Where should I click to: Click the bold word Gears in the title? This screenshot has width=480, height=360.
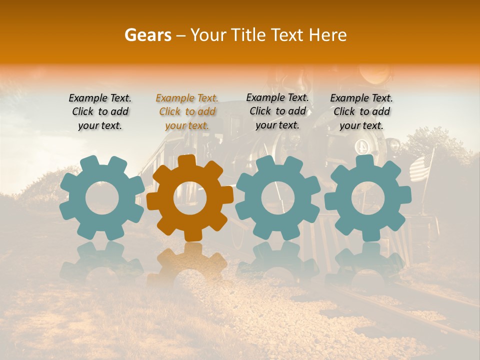[x=147, y=35]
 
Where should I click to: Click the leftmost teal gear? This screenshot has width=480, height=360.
[x=102, y=197]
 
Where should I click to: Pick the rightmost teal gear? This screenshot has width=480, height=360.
[x=367, y=197]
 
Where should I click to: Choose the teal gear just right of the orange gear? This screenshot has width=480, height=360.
[x=278, y=197]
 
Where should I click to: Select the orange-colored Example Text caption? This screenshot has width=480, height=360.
[x=187, y=111]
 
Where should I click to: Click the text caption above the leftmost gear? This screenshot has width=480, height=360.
[x=100, y=111]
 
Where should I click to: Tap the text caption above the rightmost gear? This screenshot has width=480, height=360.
[x=361, y=111]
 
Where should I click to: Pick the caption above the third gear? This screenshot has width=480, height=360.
[x=277, y=111]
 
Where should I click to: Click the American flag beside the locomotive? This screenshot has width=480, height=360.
[x=421, y=166]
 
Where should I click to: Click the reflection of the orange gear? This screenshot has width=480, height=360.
[x=190, y=262]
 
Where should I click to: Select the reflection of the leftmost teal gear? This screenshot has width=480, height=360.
[x=102, y=260]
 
